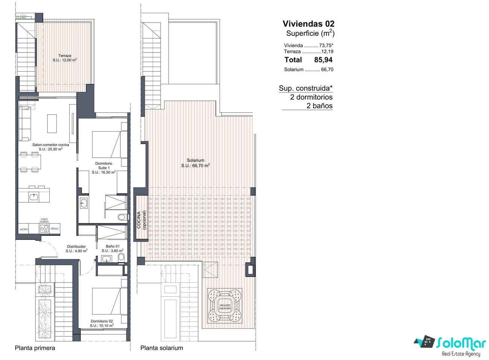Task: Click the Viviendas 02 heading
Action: click(x=308, y=24)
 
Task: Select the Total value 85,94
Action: click(x=323, y=59)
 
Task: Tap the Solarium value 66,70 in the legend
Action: click(x=327, y=70)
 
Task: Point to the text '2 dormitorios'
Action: click(x=311, y=97)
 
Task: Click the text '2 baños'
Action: click(x=319, y=106)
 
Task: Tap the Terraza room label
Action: click(x=65, y=58)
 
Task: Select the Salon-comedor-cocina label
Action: click(x=51, y=147)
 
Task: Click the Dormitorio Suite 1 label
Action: click(x=104, y=168)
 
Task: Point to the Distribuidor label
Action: click(x=76, y=249)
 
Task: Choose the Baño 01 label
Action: click(x=112, y=248)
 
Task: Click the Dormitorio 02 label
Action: click(x=102, y=324)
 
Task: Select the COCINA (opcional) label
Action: click(x=141, y=220)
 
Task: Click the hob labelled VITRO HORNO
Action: click(x=44, y=229)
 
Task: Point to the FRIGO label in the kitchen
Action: click(x=55, y=229)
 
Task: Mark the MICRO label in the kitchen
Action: click(x=24, y=229)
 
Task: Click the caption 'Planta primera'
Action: click(x=35, y=348)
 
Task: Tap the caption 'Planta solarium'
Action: click(x=162, y=348)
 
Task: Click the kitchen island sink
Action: click(x=34, y=197)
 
